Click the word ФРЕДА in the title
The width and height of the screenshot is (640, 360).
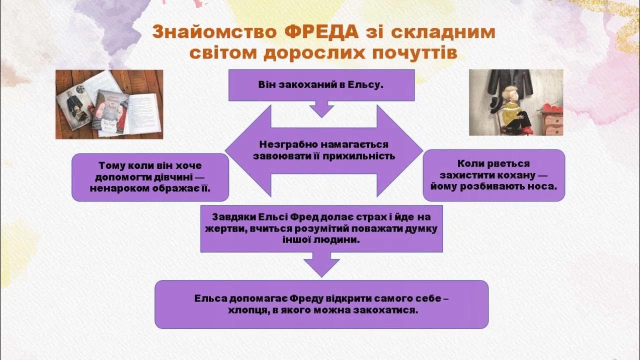(x=323, y=32)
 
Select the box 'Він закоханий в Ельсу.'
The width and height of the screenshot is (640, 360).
(x=321, y=85)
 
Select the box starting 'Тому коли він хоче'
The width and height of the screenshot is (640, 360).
(x=150, y=177)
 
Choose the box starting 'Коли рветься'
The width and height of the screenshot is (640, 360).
(x=493, y=175)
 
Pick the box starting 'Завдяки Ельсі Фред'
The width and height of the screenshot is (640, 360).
(x=321, y=228)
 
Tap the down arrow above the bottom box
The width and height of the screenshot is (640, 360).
(x=321, y=264)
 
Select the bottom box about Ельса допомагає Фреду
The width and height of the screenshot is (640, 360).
(x=321, y=304)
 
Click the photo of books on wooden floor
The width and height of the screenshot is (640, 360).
(x=109, y=104)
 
